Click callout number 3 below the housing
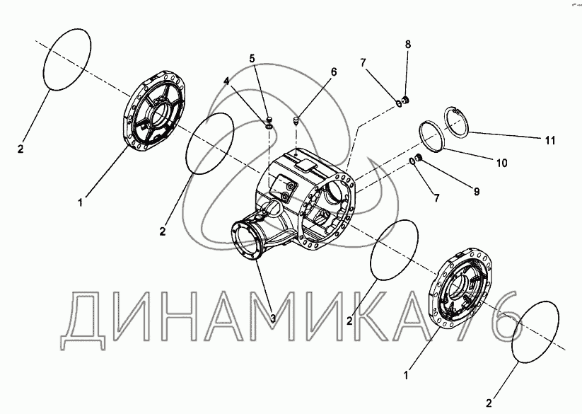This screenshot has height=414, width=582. (x=273, y=318)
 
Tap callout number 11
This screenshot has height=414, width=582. (x=550, y=140)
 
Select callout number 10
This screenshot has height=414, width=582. (x=501, y=163)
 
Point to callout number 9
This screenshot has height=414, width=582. (x=477, y=191)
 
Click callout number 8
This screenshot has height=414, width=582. (x=408, y=44)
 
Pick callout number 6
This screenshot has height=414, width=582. (x=334, y=71)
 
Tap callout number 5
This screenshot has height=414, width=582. (x=252, y=58)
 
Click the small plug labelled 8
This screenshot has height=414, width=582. (x=405, y=100)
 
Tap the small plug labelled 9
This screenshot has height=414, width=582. (x=419, y=159)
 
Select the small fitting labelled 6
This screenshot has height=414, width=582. (x=296, y=121)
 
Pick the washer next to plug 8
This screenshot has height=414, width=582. (x=399, y=103)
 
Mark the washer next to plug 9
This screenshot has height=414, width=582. (x=412, y=161)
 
